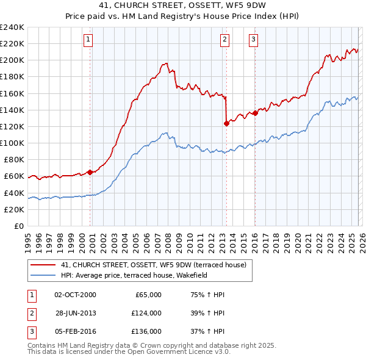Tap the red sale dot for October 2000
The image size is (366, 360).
pos(90,172)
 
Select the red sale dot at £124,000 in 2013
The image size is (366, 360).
pos(226,123)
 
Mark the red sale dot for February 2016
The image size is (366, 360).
pos(255,113)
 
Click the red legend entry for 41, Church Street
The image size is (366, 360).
pos(152,265)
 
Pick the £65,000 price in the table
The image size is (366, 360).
pos(146,295)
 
